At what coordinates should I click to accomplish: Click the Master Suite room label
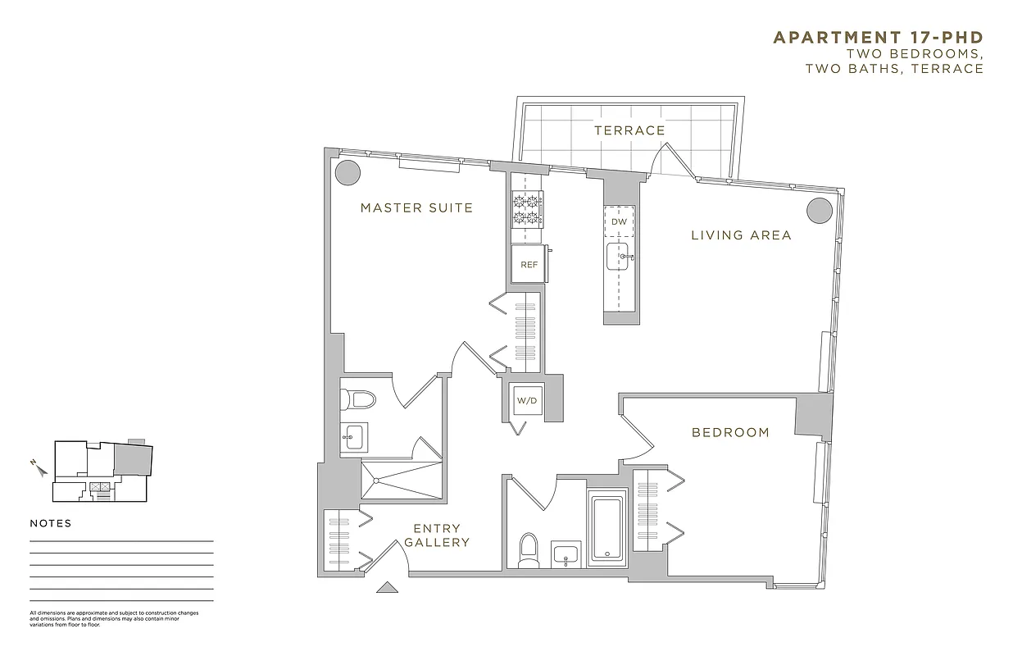click(416, 208)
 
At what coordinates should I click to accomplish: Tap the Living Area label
click(741, 235)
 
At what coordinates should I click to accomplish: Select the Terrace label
click(629, 130)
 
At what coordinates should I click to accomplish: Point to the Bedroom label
click(730, 432)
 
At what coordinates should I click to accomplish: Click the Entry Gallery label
click(437, 535)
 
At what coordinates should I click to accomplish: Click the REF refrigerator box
click(529, 264)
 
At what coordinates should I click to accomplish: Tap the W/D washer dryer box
click(525, 401)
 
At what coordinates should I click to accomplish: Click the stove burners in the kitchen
click(528, 208)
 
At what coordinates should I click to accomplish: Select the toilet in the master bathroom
click(357, 399)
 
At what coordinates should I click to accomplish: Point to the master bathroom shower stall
click(402, 478)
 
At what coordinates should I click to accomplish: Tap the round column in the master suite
click(347, 173)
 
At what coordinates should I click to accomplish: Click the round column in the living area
click(820, 211)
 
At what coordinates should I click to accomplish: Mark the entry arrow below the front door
click(386, 587)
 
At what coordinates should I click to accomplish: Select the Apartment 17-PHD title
click(878, 38)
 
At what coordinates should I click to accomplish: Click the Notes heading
click(51, 523)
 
